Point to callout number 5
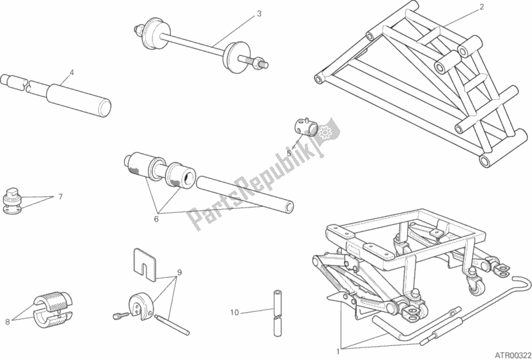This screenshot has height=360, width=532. click(x=289, y=152)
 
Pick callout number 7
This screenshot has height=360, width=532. click(x=60, y=198)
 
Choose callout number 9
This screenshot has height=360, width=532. click(x=178, y=272)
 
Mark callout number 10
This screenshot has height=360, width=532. click(x=233, y=311)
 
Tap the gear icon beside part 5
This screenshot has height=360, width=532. click(x=326, y=134)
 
